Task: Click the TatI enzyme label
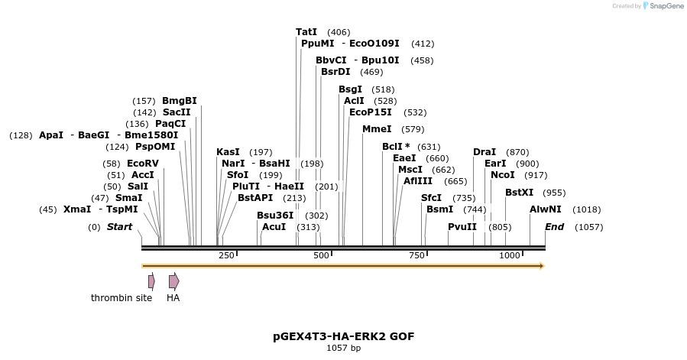306,32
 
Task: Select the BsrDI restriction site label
335,72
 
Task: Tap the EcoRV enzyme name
143,164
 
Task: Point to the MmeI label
377,129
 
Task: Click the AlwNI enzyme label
546,209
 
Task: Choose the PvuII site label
462,227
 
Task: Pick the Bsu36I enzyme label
275,216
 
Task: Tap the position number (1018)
587,209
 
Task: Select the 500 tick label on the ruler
320,255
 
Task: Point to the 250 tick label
226,255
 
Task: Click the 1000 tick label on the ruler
509,255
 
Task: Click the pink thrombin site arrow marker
151,281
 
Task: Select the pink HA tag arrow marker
173,281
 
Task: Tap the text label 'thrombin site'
122,298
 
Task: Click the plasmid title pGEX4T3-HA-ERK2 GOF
343,336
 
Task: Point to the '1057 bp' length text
343,349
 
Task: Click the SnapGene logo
661,6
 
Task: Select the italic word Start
119,227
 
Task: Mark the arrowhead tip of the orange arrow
543,266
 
